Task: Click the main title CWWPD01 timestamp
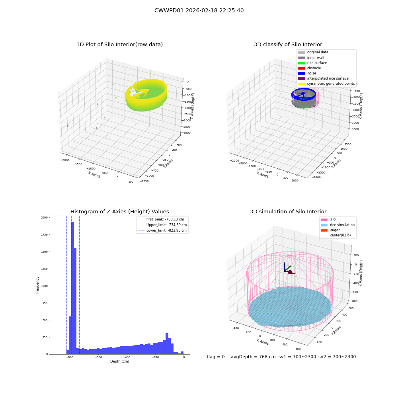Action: coord(199,10)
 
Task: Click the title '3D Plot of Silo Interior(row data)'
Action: coord(119,45)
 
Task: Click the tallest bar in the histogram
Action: coord(72,288)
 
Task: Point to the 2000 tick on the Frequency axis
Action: coord(44,218)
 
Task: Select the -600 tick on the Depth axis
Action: coord(98,357)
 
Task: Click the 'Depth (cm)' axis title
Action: coord(119,361)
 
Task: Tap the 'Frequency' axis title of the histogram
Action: coord(37,285)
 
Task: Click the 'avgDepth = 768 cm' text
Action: coord(253,357)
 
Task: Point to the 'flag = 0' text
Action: coord(216,357)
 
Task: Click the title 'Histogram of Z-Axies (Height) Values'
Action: coord(119,211)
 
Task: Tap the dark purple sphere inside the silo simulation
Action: coord(290,272)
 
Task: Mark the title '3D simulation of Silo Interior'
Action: coord(288,211)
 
